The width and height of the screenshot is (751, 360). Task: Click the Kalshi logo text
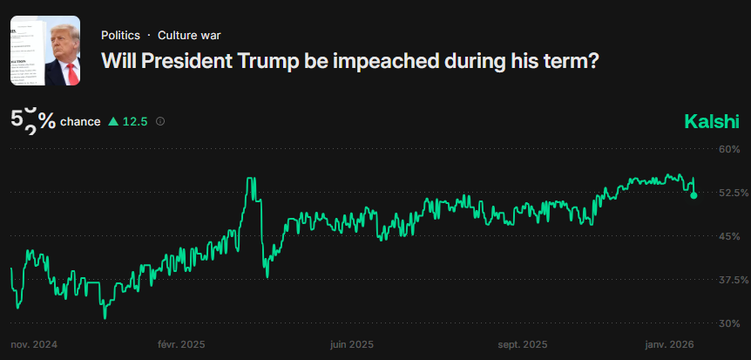coord(712,121)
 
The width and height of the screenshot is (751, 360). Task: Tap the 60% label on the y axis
coord(729,149)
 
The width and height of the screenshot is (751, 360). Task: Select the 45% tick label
coord(729,236)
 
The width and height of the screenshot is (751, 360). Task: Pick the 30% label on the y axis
coord(729,323)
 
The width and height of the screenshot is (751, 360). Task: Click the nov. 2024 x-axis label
coord(34,345)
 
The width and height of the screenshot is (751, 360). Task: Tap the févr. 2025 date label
coord(181,345)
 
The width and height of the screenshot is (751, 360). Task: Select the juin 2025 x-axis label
coord(352,345)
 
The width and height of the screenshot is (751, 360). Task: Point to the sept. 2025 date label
coord(523,345)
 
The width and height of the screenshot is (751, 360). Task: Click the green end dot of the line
coord(693,195)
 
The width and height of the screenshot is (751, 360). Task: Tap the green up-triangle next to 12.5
coord(112,122)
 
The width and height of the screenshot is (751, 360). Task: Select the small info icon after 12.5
coord(159,122)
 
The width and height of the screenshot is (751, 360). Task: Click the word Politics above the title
coord(120,36)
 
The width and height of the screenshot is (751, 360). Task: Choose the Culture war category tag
coord(189,36)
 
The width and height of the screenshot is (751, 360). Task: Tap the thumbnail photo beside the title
coord(45,51)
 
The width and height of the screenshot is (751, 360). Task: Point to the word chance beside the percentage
coord(80,122)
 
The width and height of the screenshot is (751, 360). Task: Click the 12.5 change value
coord(135,122)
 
